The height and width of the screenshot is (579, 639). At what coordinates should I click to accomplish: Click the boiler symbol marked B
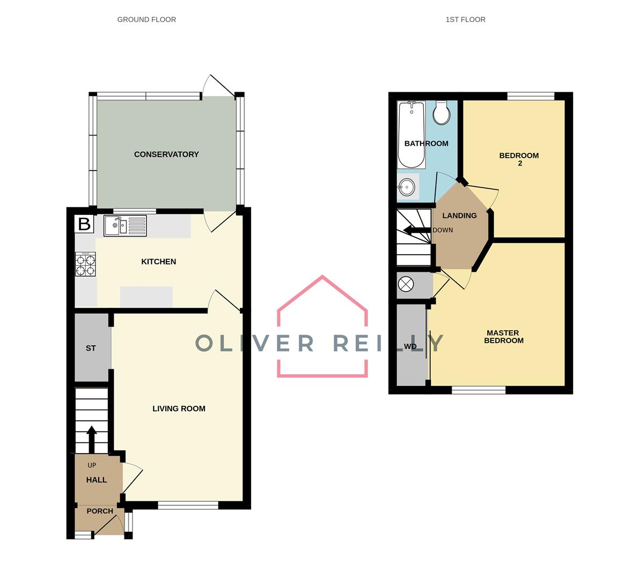(84, 224)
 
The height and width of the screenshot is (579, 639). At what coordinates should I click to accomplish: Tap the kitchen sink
(125, 225)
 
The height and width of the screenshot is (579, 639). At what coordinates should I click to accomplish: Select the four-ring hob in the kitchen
(85, 264)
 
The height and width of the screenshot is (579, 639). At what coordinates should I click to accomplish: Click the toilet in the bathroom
(442, 112)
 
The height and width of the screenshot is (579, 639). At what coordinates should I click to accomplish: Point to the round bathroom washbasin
(407, 187)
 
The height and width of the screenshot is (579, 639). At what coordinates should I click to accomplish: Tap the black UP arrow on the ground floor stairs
(91, 439)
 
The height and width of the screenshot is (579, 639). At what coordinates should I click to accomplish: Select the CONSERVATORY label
(166, 154)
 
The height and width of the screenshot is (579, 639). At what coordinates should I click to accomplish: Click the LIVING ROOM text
(179, 409)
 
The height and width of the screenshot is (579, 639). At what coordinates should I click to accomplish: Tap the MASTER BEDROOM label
(503, 337)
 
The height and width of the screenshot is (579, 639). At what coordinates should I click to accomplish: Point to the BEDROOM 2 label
(519, 159)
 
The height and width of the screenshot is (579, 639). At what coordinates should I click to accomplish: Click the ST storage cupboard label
(91, 348)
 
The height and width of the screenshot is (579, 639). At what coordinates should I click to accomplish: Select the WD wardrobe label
(410, 346)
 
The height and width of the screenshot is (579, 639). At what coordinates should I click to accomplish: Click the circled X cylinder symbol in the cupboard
(406, 285)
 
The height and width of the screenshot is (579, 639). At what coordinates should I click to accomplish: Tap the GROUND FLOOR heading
(146, 19)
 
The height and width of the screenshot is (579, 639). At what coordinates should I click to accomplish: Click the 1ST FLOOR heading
(465, 19)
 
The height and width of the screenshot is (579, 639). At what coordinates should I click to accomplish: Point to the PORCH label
(100, 511)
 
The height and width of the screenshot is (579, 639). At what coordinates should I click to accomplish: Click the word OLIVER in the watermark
(254, 343)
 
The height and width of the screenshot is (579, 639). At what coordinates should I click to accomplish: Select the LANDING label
(459, 216)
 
